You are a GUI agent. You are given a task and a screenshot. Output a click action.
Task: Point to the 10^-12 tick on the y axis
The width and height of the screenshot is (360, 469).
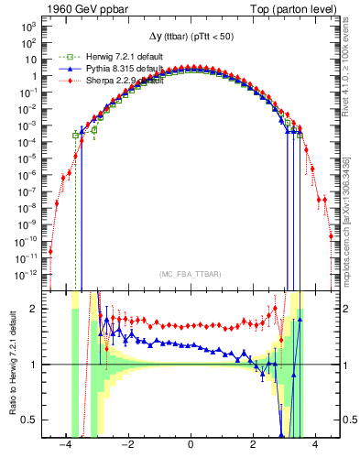[x=28, y=274]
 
